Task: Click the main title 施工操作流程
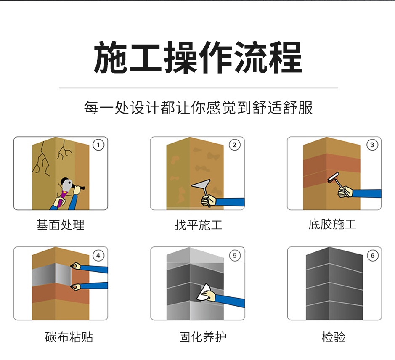[198, 58]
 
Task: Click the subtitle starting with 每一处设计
[198, 108]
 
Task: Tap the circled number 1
[98, 145]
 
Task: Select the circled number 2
[235, 145]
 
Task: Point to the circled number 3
[372, 145]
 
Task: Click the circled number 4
[98, 255]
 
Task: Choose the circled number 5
[235, 255]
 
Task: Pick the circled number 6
[372, 255]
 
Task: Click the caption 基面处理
[61, 225]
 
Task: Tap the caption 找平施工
[198, 225]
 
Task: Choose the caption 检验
[334, 337]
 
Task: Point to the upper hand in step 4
[75, 265]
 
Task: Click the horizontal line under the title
[198, 88]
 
